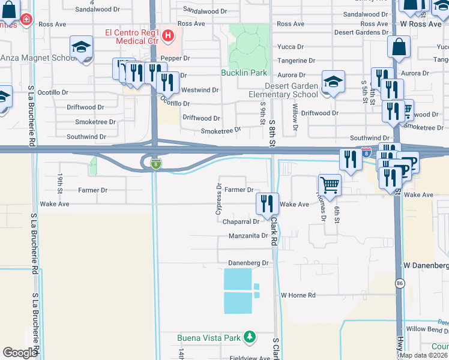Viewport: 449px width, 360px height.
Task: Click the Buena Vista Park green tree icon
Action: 250,337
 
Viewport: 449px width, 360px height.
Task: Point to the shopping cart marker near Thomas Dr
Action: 330,185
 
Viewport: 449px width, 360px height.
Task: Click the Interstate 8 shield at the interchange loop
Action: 155,164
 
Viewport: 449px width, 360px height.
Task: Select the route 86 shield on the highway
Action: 399,283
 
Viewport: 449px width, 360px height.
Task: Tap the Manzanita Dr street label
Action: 248,236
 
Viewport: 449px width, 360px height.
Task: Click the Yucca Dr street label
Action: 287,47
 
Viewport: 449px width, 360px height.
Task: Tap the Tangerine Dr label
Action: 295,61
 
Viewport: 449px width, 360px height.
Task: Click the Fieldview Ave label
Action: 250,358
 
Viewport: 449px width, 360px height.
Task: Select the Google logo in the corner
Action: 19,353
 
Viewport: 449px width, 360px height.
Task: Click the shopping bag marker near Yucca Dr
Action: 399,48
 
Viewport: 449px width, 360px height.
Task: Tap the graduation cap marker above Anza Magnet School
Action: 82,48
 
